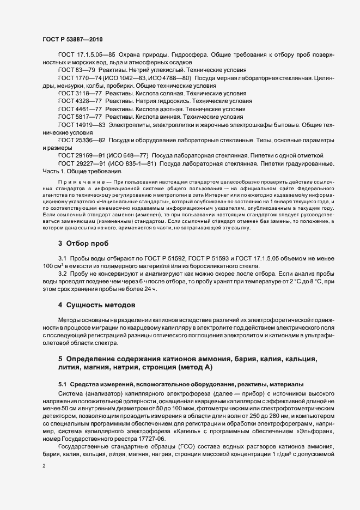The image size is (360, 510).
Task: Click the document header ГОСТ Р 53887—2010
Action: click(72, 39)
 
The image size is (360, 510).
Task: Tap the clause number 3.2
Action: click(63, 271)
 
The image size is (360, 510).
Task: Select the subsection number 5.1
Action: click(63, 384)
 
